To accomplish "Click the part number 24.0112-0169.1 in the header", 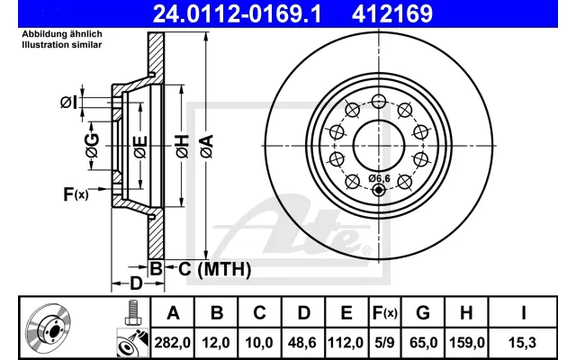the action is click(237, 13).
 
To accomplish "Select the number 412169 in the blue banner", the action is click(392, 13).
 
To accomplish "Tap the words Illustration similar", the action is click(62, 45).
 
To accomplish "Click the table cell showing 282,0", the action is click(172, 343).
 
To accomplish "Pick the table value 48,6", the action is click(302, 343).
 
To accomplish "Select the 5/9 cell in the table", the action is click(384, 343).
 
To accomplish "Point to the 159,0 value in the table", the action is click(466, 343).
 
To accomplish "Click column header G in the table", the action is click(423, 313).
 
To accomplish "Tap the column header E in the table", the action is click(346, 313).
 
